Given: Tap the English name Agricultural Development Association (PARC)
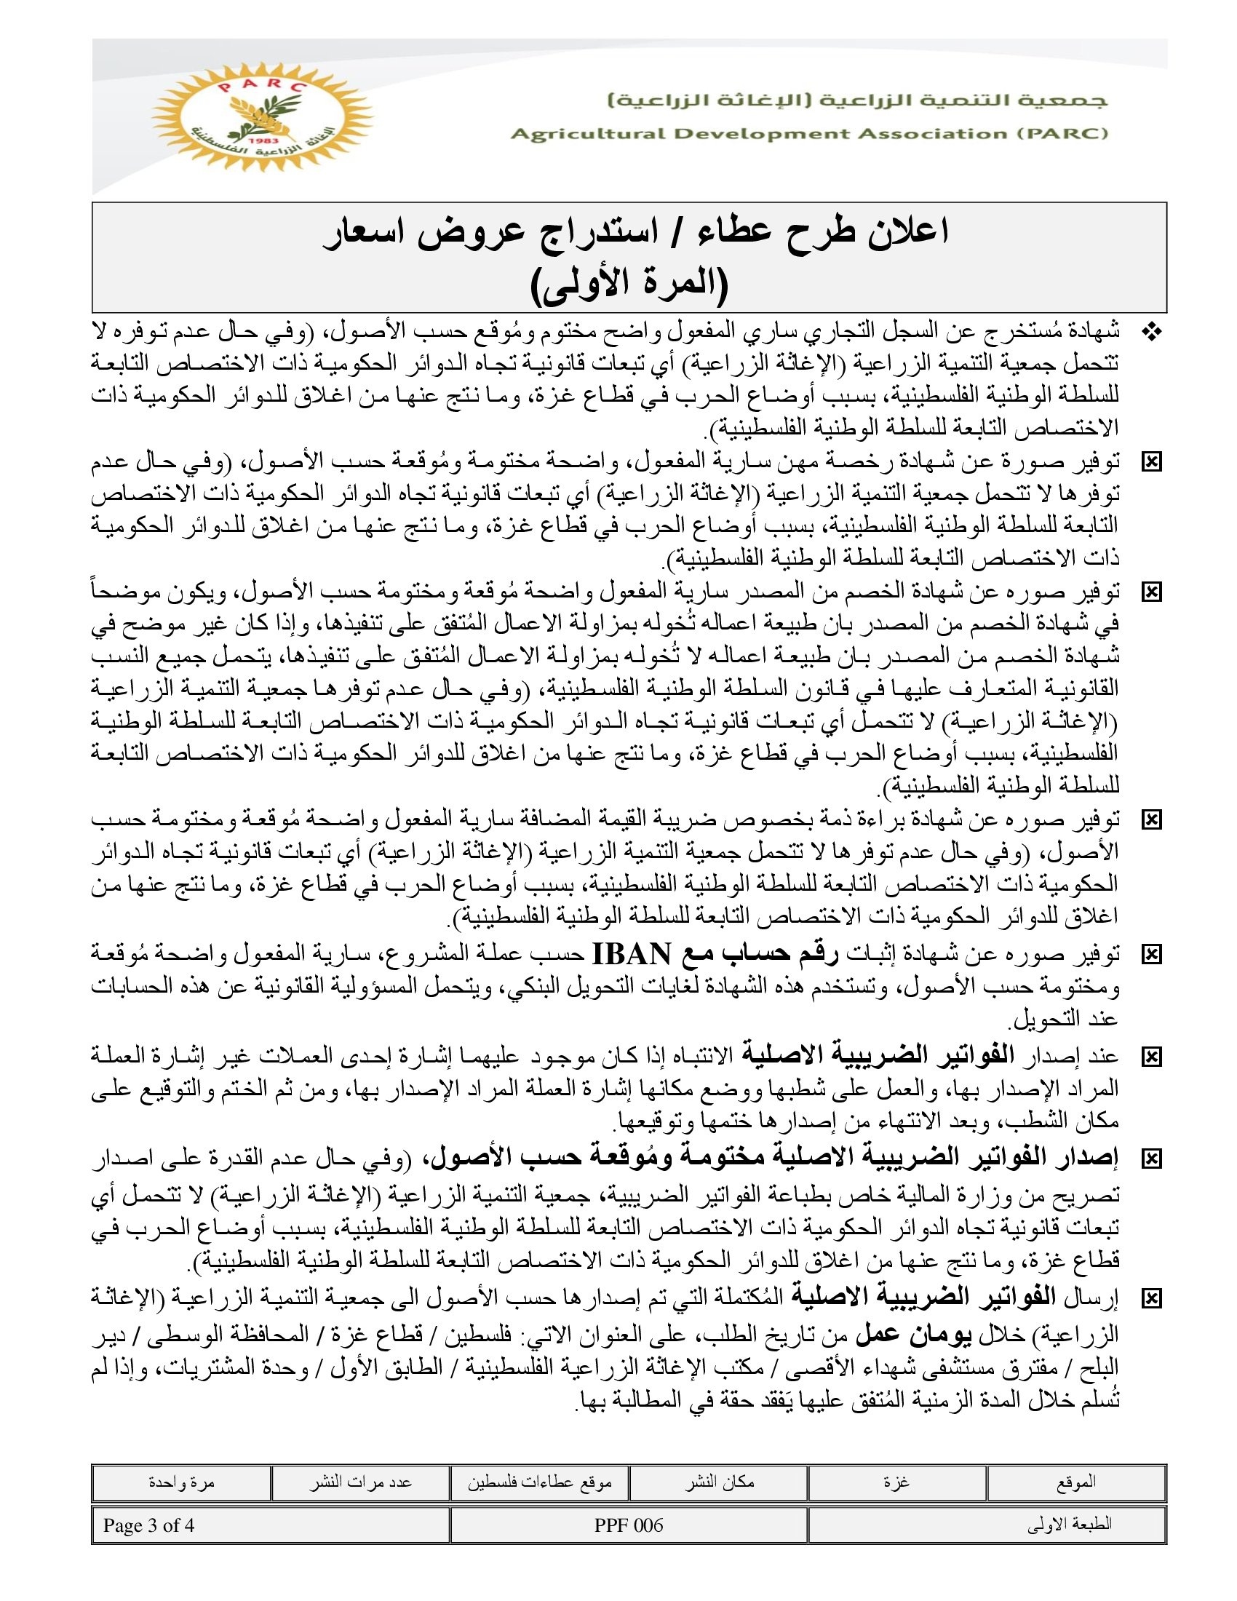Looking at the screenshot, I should (809, 134).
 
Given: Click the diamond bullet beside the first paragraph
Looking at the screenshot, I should (1152, 333).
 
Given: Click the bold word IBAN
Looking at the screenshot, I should (631, 955).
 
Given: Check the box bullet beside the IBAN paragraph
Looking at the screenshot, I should (1152, 955).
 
